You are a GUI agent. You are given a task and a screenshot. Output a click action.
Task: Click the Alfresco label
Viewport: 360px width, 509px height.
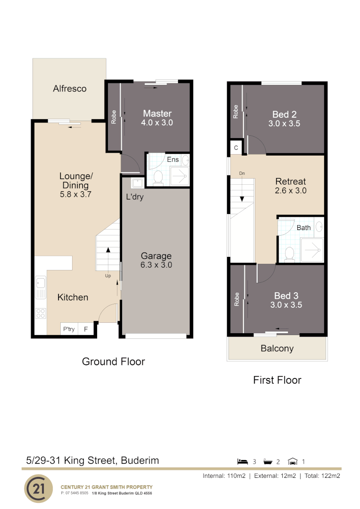(x=70, y=89)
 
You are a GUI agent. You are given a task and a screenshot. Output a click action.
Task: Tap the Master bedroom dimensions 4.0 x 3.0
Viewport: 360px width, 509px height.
(x=157, y=123)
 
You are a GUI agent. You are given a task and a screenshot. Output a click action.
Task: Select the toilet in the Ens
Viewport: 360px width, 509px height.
(x=158, y=177)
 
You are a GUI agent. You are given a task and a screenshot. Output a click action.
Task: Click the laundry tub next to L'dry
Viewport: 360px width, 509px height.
(x=138, y=183)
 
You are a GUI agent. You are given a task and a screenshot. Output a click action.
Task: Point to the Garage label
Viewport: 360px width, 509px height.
(x=156, y=256)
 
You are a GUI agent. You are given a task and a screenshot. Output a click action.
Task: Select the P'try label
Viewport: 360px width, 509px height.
(x=69, y=329)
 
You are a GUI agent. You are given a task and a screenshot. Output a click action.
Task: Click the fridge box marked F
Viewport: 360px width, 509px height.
(x=86, y=329)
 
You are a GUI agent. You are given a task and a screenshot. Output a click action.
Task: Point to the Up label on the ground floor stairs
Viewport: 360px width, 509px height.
(x=108, y=276)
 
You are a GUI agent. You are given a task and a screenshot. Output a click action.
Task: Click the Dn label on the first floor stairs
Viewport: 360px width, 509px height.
(x=242, y=173)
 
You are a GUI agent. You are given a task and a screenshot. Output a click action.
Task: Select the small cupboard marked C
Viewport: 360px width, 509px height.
(x=236, y=148)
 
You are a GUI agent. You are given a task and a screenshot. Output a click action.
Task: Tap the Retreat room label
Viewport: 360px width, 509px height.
(x=291, y=181)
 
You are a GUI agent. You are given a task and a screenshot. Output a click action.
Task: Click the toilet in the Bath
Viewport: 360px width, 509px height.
(x=290, y=254)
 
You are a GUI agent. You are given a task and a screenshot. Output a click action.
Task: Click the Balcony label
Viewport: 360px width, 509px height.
(x=277, y=349)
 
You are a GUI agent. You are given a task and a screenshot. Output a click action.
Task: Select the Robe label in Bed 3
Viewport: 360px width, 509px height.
(x=237, y=299)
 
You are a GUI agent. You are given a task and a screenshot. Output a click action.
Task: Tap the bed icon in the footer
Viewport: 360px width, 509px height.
(x=243, y=461)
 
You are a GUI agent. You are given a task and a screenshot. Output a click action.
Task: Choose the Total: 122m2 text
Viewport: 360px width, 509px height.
(x=322, y=476)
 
